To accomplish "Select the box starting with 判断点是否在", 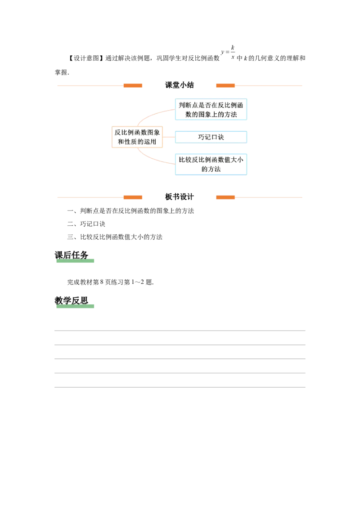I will tap(211, 110).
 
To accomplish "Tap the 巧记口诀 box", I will tap(211, 137).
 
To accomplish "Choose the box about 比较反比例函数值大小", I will tap(211, 164).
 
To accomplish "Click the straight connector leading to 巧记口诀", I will tap(167, 137).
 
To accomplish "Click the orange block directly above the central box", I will tap(133, 85).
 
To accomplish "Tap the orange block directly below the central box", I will tap(133, 198).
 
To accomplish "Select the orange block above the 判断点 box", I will tap(226, 85).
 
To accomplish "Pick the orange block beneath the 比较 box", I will tap(226, 198).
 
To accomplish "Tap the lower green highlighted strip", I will tap(75, 306).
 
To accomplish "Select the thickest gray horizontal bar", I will tap(180, 331).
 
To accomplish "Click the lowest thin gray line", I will tap(180, 387).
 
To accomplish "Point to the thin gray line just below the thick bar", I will tap(180, 344).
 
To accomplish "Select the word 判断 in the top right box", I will tap(184, 105).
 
